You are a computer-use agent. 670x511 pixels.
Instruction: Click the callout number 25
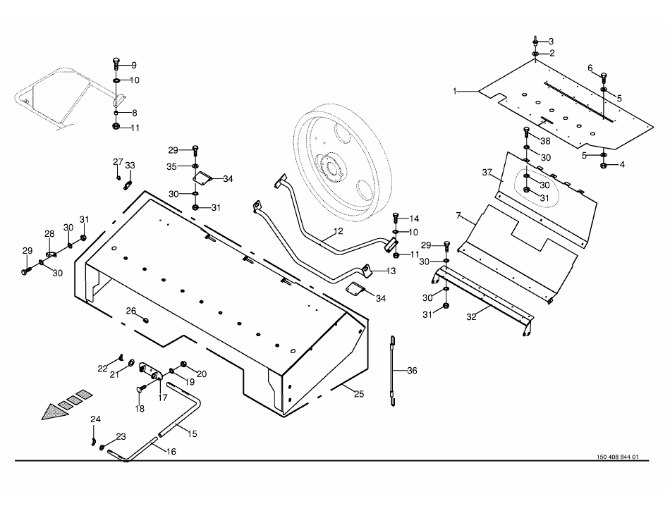pos(359,394)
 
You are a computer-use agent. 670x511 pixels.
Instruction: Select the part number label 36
pos(412,371)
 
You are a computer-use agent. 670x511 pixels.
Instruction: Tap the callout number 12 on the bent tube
pos(338,230)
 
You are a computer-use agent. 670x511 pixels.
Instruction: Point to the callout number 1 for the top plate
pos(456,91)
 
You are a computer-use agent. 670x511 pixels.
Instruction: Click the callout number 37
pos(486,173)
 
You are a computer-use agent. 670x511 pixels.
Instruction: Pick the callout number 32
pos(472,316)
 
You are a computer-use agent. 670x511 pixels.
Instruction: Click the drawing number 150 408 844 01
pos(612,457)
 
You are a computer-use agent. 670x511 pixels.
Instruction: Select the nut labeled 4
pos(604,166)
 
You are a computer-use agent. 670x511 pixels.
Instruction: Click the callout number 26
pos(130,310)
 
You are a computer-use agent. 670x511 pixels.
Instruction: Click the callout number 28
pos(49,234)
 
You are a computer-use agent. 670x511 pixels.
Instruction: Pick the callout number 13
pos(391,271)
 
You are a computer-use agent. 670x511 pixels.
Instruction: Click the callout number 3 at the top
pos(552,41)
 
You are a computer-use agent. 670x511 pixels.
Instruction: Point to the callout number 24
pos(96,419)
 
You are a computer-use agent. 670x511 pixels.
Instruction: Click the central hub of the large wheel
pos(330,167)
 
